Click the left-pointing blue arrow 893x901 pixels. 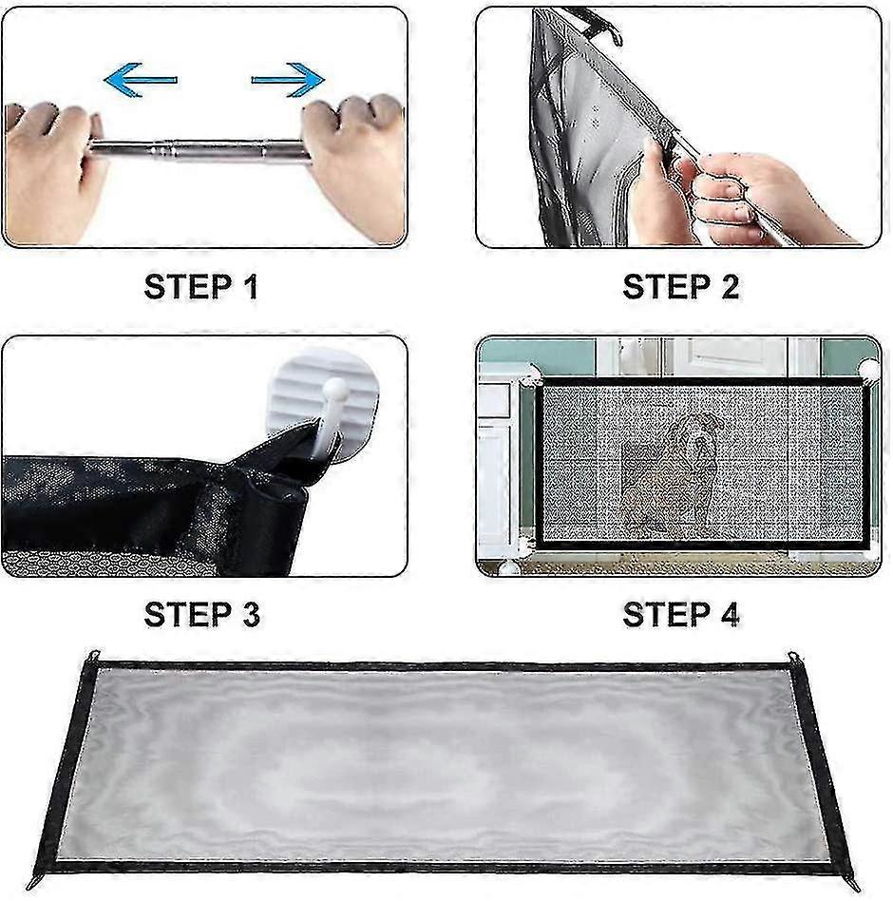(140, 80)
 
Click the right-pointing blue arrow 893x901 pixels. (288, 80)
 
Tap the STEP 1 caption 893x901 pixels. (201, 287)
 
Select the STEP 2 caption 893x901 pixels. (680, 287)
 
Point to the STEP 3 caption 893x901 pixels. (201, 614)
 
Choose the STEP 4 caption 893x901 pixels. (680, 614)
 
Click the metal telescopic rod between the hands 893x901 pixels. (199, 150)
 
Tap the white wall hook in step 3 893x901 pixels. (325, 410)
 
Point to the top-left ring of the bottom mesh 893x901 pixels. (93, 656)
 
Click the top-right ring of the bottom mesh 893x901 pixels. (793, 657)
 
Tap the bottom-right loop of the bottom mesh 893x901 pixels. (854, 883)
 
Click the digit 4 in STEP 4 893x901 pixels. (729, 614)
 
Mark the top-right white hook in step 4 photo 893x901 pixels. (869, 369)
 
